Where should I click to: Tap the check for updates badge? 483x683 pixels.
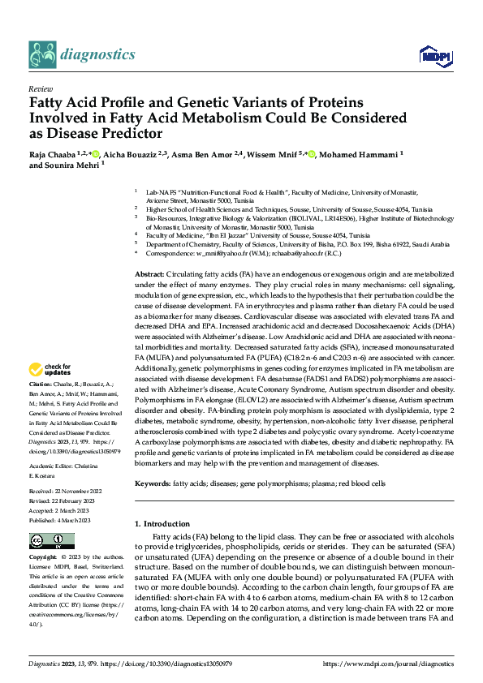(x=53, y=370)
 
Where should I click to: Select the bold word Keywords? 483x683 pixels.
(x=153, y=483)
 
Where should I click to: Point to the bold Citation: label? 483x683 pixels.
(x=41, y=383)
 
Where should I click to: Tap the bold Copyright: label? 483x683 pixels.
(x=43, y=559)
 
